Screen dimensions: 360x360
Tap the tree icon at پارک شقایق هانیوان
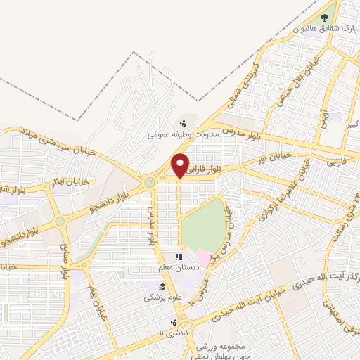pyautogui.click(x=324, y=18)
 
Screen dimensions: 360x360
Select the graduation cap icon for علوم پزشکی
pyautogui.click(x=162, y=286)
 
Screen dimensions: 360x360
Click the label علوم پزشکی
pyautogui.click(x=162, y=297)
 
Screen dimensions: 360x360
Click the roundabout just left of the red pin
pyautogui.click(x=149, y=184)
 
